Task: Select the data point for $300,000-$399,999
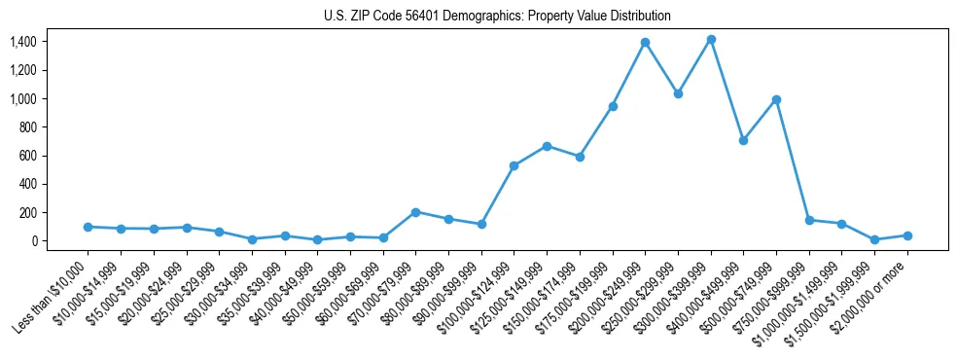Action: tap(711, 40)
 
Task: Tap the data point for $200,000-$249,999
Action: tap(645, 43)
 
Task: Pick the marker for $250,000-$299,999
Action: tap(678, 94)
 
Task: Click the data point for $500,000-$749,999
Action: tap(776, 99)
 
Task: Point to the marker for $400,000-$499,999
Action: tap(743, 140)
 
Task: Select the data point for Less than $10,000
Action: tap(89, 227)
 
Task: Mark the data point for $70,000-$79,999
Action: tap(415, 212)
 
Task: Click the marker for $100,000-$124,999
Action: tap(514, 165)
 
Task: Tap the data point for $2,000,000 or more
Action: tap(907, 235)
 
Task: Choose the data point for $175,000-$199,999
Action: tap(613, 106)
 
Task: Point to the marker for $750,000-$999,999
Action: tap(809, 220)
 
